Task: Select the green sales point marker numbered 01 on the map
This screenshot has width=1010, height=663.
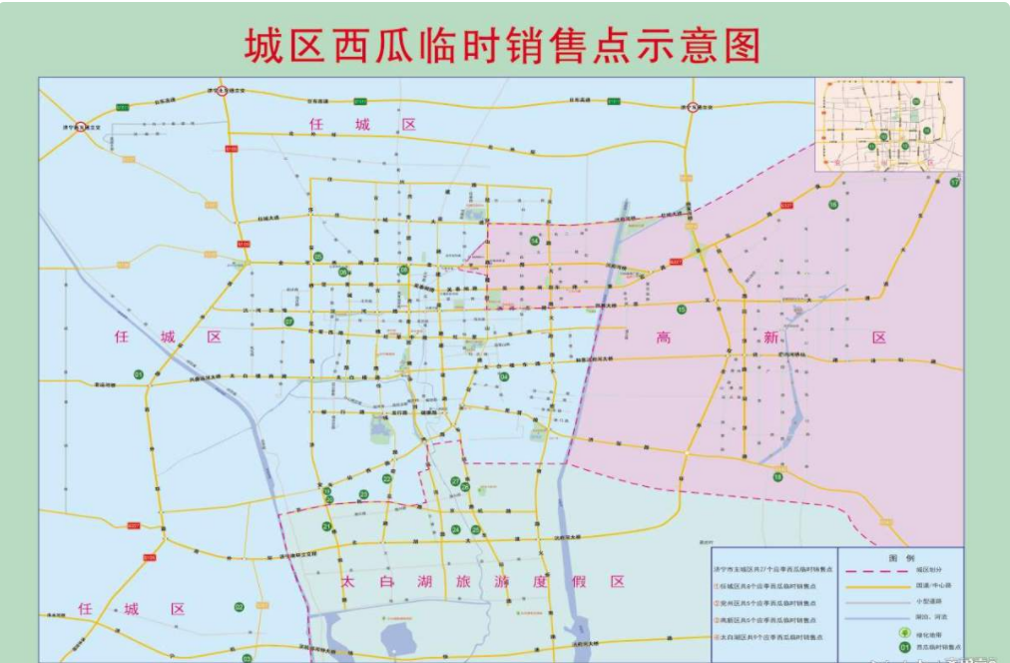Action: (139, 374)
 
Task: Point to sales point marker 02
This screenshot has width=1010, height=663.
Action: (239, 606)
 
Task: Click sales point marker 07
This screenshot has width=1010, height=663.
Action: (288, 322)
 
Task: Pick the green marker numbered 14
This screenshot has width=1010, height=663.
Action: (535, 242)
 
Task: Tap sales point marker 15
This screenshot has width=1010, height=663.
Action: (682, 310)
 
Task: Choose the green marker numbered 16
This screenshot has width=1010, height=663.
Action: (833, 205)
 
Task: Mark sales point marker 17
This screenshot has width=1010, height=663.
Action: (955, 183)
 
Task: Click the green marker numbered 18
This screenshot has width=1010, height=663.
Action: (777, 476)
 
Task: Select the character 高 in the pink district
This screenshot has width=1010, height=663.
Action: (664, 337)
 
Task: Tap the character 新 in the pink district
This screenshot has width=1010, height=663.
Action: (770, 337)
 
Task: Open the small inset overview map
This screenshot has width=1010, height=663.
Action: (889, 124)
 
